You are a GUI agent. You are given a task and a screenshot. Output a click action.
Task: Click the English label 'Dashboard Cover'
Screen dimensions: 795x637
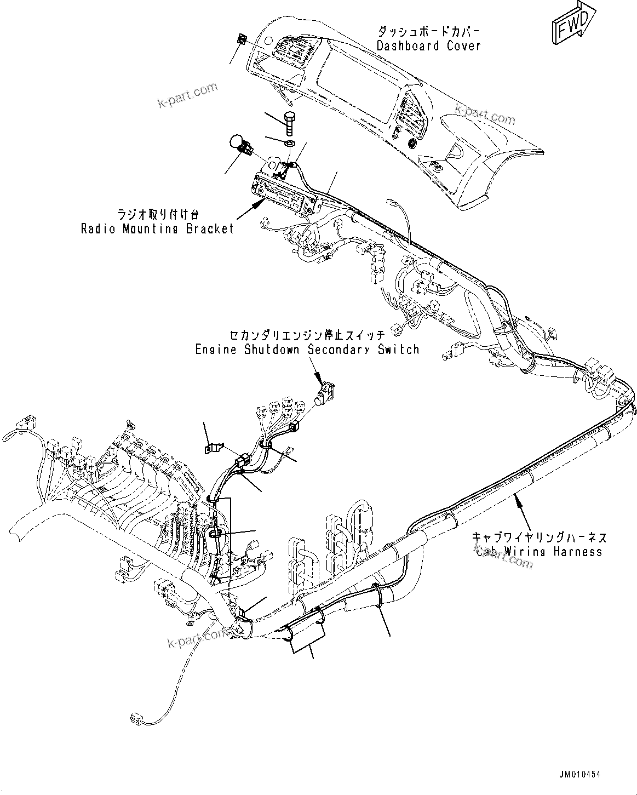[428, 45]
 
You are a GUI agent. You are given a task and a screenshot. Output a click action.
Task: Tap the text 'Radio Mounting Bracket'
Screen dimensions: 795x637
[157, 228]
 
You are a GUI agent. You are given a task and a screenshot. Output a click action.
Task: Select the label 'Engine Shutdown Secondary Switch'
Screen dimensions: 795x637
[307, 350]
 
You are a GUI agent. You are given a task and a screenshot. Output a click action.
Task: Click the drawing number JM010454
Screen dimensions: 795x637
[579, 774]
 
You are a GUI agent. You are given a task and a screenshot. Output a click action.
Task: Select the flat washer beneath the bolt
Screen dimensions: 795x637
[289, 144]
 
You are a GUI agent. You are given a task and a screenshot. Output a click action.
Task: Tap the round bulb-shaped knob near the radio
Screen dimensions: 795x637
[237, 144]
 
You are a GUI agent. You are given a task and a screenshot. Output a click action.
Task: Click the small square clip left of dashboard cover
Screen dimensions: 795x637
[240, 39]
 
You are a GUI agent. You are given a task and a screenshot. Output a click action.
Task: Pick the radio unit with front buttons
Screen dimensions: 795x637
[285, 194]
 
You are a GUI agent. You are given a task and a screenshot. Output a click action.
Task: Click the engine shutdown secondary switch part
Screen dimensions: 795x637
[326, 395]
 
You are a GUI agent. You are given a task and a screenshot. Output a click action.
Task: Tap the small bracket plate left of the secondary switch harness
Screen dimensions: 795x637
[212, 448]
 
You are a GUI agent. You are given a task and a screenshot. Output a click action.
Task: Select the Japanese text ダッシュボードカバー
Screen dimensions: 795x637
[428, 32]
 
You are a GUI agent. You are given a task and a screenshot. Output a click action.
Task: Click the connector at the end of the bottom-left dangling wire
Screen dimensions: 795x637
[138, 719]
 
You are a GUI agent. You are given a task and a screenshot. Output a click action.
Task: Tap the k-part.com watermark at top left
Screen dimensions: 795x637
[187, 96]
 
